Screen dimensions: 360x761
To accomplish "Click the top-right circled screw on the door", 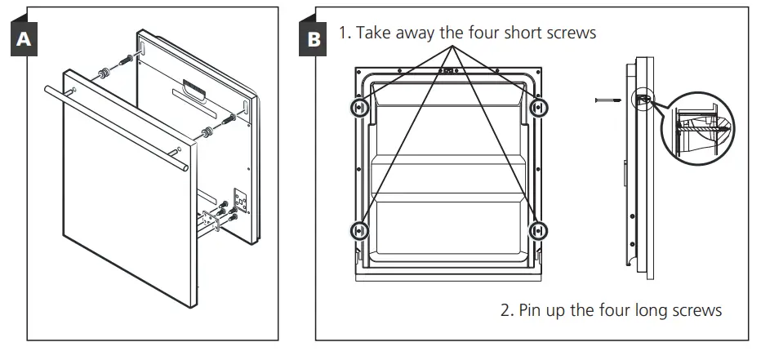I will pyautogui.click(x=538, y=108).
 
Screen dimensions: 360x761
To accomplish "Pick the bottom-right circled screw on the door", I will pyautogui.click(x=538, y=231).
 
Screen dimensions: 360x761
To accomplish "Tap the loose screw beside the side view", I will pyautogui.click(x=608, y=99).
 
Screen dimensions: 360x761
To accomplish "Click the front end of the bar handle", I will pyautogui.click(x=186, y=167).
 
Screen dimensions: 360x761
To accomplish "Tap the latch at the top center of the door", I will pyautogui.click(x=448, y=71).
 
